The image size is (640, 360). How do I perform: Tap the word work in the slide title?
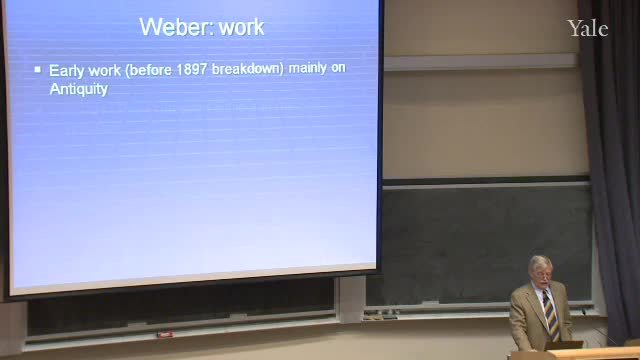pos(241,27)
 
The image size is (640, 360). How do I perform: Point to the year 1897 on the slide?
pos(192,69)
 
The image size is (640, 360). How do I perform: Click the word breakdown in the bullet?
pos(246,69)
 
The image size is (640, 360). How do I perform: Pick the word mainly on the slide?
pos(307,68)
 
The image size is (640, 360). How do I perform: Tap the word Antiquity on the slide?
pos(78,89)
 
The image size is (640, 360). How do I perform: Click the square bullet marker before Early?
pos(38,70)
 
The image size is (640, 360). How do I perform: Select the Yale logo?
pos(588,29)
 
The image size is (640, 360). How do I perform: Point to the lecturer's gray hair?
pos(540,263)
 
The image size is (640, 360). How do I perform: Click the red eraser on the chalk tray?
pos(165,335)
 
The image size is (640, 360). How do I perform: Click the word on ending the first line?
pos(338,68)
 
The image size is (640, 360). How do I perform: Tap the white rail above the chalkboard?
pos(480,62)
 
